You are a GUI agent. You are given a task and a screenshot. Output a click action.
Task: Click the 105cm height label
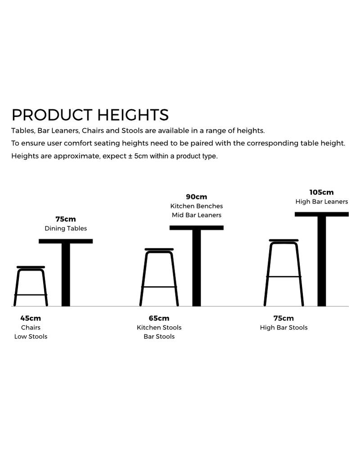tap(321, 192)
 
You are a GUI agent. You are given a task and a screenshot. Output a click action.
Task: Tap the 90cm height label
tap(196, 197)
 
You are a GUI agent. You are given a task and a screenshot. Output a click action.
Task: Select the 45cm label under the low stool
tap(31, 318)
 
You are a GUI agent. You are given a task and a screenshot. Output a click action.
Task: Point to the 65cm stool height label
tap(159, 318)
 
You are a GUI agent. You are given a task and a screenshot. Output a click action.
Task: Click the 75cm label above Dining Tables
tap(66, 219)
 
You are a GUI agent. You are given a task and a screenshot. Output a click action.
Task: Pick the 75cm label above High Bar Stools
tap(283, 318)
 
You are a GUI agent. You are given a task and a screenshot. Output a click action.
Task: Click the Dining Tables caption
tap(66, 229)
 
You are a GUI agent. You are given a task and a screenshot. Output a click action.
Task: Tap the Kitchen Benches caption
tap(197, 206)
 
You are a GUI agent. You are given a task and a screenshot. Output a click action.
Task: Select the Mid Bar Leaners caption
tap(197, 215)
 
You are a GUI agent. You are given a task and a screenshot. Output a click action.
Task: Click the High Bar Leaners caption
tap(322, 202)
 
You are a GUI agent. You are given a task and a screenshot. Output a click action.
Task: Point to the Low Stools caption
tap(31, 336)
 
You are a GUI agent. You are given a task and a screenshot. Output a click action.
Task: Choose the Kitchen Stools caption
tap(159, 328)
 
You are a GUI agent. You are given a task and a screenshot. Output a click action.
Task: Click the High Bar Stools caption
tap(283, 328)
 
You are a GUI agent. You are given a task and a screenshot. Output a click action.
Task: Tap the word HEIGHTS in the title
tap(133, 115)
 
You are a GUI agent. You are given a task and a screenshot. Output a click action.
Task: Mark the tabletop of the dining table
tap(66, 241)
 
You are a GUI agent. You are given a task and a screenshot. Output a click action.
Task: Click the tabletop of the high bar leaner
tap(322, 214)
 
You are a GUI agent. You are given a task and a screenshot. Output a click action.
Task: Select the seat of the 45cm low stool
tap(31, 267)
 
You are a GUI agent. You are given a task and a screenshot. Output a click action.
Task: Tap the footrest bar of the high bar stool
tap(283, 277)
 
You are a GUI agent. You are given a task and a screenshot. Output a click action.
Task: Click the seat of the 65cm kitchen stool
tap(159, 249)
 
